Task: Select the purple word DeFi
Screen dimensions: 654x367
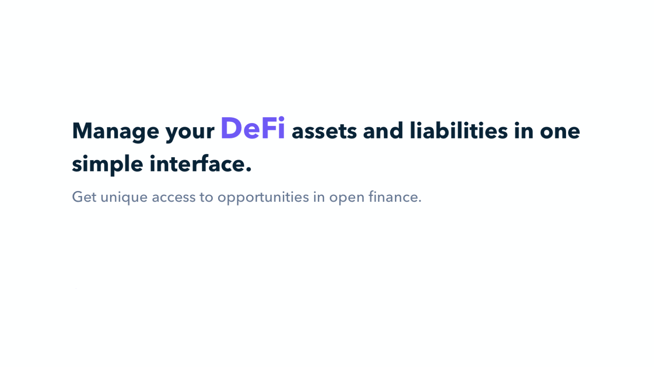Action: [253, 128]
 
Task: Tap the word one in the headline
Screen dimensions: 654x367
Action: [560, 132]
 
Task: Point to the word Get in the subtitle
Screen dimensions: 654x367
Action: [84, 197]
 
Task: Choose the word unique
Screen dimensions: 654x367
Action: [124, 198]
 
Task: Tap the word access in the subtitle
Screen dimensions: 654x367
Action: [174, 198]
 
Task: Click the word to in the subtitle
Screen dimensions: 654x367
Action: [206, 197]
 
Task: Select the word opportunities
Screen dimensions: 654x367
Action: [263, 198]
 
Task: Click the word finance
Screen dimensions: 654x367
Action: [393, 197]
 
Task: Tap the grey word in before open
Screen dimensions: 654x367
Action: [319, 197]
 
